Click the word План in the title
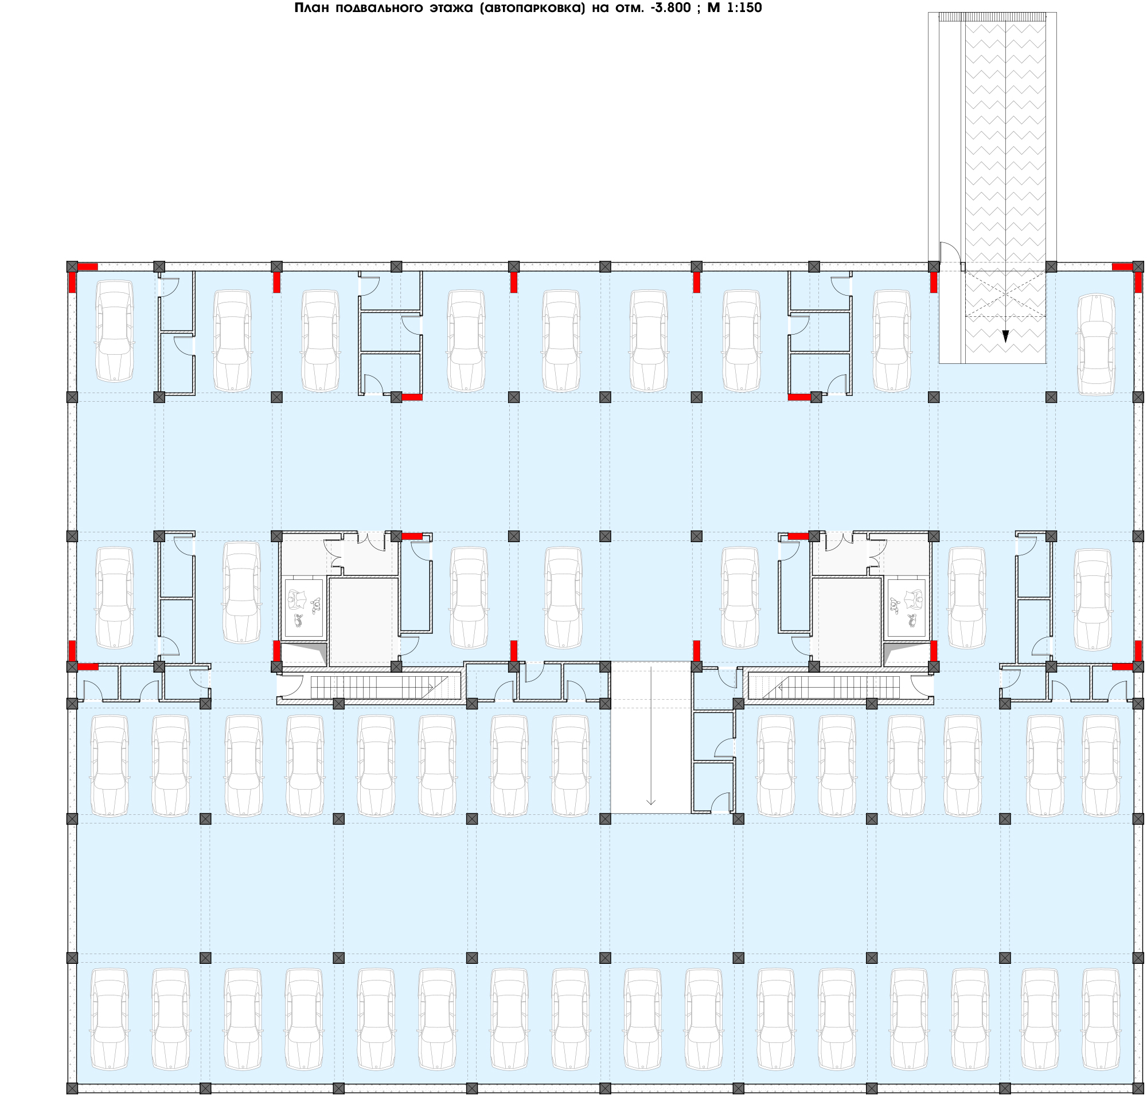pyautogui.click(x=313, y=7)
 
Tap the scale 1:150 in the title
pyautogui.click(x=744, y=7)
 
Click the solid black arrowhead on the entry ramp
pyautogui.click(x=1005, y=336)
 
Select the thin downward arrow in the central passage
pyautogui.click(x=651, y=736)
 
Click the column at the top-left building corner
pyautogui.click(x=72, y=266)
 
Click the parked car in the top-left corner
pyautogui.click(x=115, y=331)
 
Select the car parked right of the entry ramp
pyautogui.click(x=1096, y=344)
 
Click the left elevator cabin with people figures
pyautogui.click(x=305, y=608)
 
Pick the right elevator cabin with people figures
pyautogui.click(x=907, y=608)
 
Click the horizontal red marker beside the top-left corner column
pyautogui.click(x=88, y=266)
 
